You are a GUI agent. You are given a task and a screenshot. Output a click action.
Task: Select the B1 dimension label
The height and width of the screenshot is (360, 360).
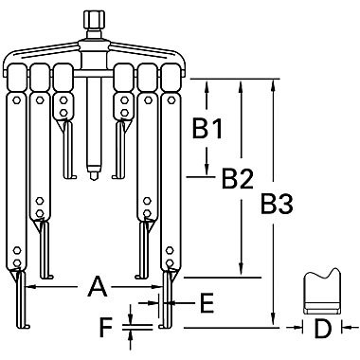coord(207,128)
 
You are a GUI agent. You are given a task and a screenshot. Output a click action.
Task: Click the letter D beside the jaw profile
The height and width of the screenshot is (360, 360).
coord(322,331)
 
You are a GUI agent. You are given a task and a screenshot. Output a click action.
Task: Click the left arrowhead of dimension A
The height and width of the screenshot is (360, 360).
coord(25,285)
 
